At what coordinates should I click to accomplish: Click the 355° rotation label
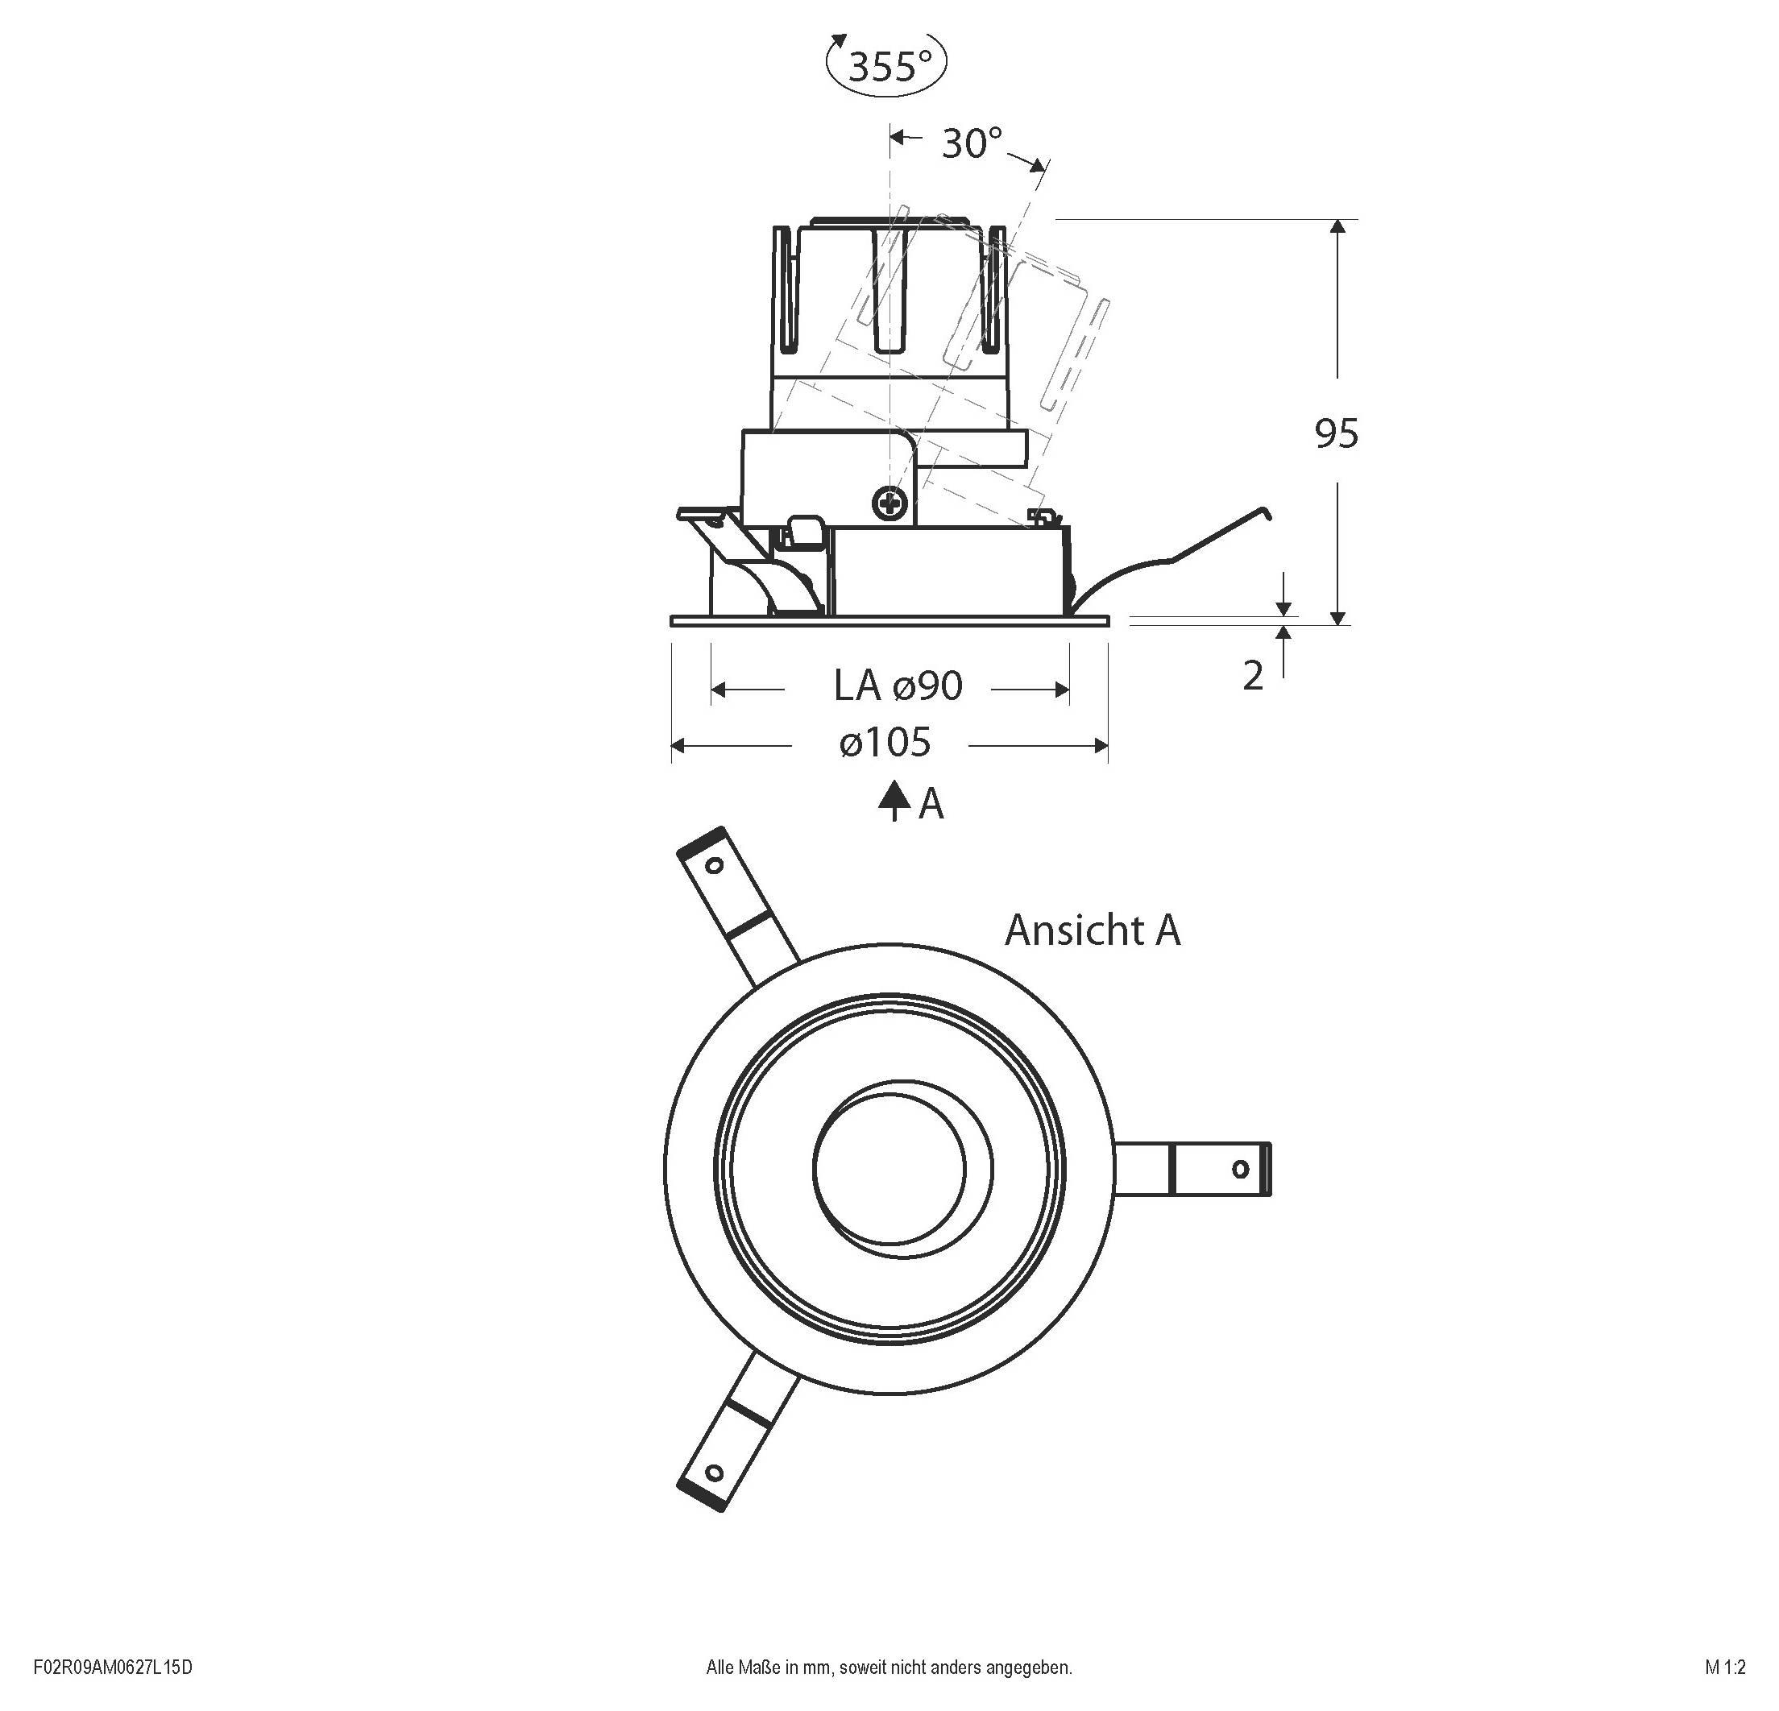[889, 65]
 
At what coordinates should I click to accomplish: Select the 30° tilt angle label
[971, 143]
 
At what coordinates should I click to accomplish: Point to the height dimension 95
[1336, 434]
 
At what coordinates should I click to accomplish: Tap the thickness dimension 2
[1253, 676]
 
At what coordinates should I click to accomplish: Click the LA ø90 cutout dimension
[898, 686]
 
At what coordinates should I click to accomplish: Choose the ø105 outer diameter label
[885, 744]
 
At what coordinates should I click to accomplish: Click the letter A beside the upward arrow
[931, 805]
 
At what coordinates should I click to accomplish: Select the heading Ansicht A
[1092, 930]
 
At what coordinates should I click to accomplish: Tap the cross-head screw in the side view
[891, 501]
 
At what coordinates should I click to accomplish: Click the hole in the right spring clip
[1240, 1169]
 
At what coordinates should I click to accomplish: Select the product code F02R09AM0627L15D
[114, 1667]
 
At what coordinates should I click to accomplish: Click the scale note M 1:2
[1724, 1667]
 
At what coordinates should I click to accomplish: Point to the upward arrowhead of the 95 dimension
[1337, 227]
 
